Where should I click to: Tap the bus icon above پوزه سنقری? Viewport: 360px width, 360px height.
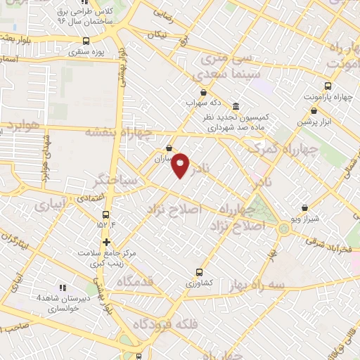pos(86,41)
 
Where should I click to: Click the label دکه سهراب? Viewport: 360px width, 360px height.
pos(203,103)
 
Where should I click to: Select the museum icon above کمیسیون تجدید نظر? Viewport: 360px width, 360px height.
pos(234,107)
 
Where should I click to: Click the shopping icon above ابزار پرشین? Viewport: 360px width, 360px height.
pos(314,110)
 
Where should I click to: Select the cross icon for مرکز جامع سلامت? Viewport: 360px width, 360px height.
pos(105,242)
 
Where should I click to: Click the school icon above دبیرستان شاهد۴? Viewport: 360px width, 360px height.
pos(63,288)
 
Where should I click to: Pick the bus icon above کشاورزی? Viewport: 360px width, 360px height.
pos(199,271)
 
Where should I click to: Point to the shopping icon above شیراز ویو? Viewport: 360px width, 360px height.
pos(304,208)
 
